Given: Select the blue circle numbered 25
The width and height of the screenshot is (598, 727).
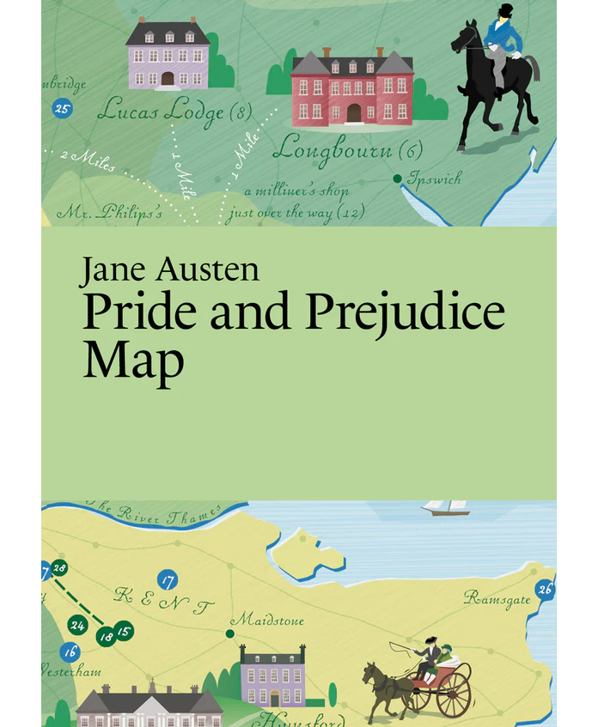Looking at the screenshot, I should [x=61, y=108].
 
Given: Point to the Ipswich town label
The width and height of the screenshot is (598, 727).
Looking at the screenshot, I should [x=435, y=179].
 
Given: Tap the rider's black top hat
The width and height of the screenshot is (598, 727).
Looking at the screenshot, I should [x=505, y=10].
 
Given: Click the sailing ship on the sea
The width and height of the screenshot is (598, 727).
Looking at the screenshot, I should [x=445, y=507].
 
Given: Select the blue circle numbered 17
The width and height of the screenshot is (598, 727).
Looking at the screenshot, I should [x=168, y=579].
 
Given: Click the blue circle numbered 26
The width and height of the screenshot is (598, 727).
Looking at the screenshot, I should [x=545, y=589].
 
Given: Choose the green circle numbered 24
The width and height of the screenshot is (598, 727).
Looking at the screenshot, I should [x=78, y=625].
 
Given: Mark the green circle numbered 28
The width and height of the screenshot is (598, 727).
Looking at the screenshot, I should [x=59, y=568].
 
